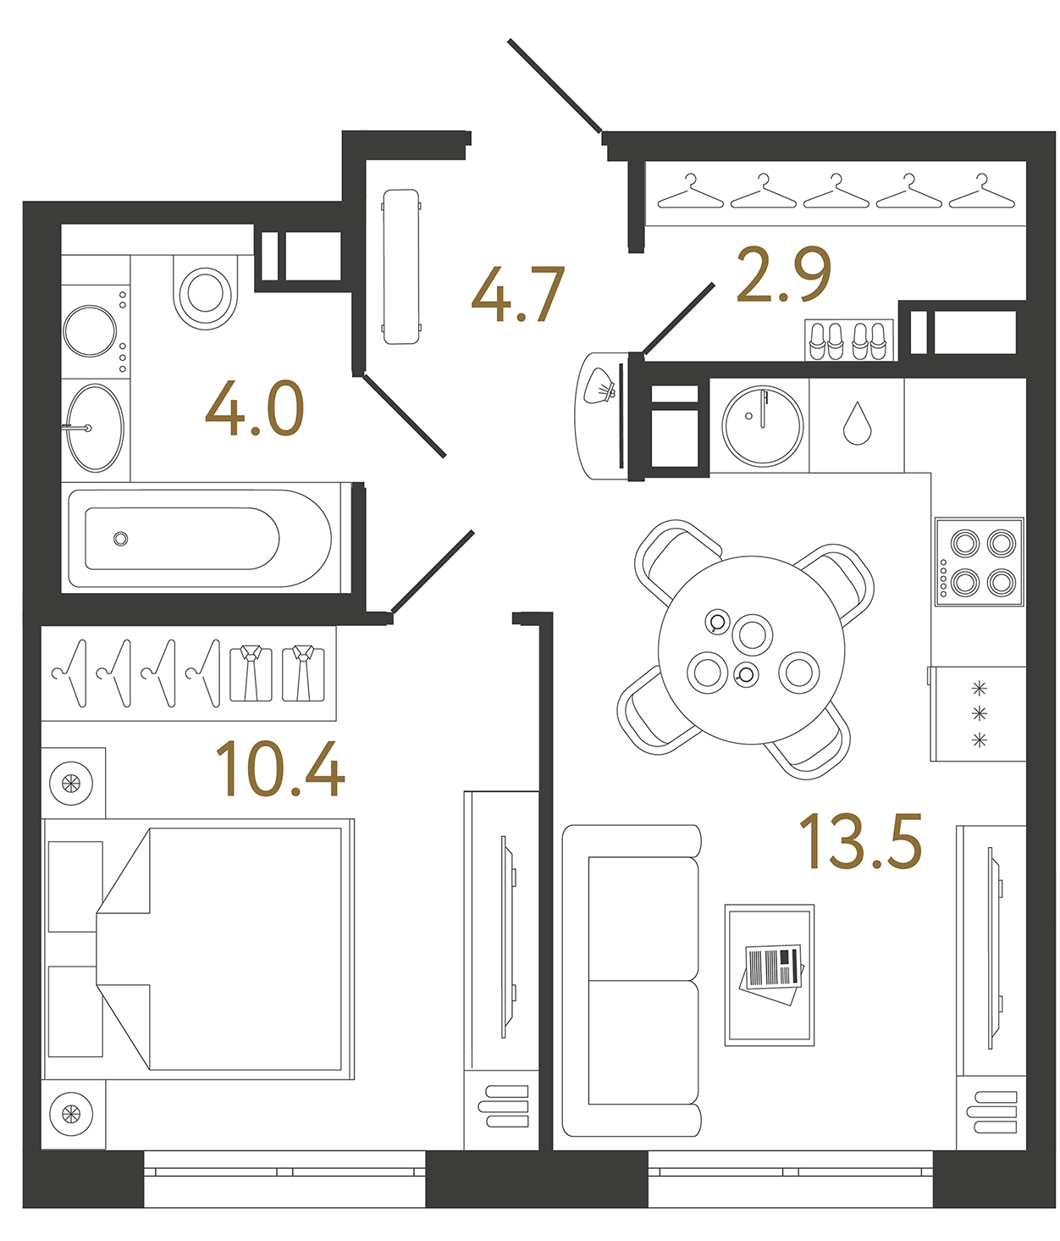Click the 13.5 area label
tap(860, 841)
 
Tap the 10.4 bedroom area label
tap(280, 769)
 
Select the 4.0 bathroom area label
tap(254, 409)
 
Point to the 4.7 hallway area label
tap(517, 295)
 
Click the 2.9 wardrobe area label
tap(783, 274)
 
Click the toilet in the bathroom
tap(205, 291)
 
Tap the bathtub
tap(200, 539)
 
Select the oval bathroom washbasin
tap(95, 428)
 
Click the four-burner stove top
tap(980, 562)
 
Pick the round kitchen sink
tap(762, 426)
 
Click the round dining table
tap(751, 650)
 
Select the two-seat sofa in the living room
tap(632, 980)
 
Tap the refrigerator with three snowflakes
tap(979, 714)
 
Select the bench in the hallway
tap(401, 266)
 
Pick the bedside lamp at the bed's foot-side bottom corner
tap(72, 1115)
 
